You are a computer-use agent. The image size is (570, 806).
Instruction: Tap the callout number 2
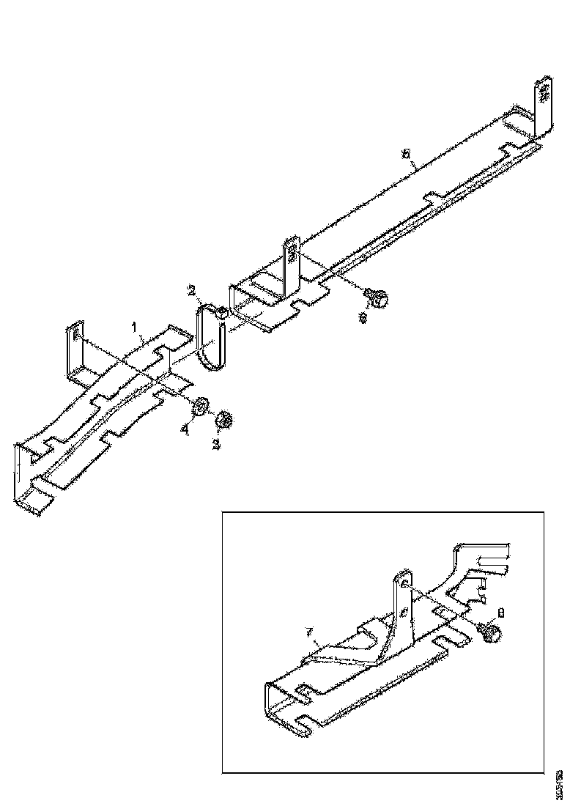[190, 292]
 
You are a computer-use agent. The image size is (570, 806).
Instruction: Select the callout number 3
[217, 445]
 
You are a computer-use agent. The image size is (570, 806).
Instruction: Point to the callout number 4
[185, 431]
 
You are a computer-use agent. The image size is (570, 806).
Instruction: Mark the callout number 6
[362, 318]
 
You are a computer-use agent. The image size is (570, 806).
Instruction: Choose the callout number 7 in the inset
[309, 630]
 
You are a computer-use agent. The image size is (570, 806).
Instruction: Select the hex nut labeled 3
[225, 420]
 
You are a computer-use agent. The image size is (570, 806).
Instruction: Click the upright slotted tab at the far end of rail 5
[544, 103]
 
